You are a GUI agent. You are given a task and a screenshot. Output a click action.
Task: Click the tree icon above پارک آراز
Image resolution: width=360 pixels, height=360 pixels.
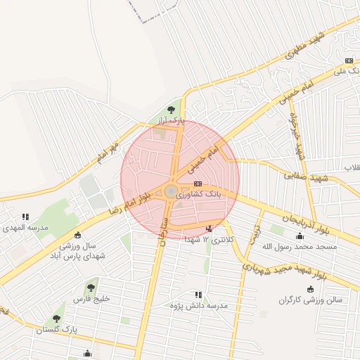[172, 110]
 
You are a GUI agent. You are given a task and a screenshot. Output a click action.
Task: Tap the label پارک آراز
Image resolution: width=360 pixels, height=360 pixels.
[170, 122]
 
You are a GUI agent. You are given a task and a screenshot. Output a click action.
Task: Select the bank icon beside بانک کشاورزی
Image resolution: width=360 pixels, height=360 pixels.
[197, 184]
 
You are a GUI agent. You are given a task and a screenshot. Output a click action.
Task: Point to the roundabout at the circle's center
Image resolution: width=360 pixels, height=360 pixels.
[171, 190]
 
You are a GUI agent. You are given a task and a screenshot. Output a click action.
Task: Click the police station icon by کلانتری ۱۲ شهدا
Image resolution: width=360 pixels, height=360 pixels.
[208, 228]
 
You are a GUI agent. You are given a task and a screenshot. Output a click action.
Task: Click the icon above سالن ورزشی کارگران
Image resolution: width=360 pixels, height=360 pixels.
[310, 288]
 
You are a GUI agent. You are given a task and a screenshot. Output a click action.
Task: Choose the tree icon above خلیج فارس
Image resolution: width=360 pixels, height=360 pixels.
[91, 287]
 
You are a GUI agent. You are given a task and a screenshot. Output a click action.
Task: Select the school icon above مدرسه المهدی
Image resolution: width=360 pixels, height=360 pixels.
[26, 217]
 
